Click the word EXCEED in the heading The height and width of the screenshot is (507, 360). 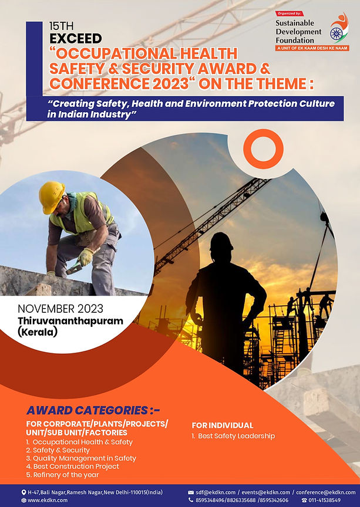coord(75,39)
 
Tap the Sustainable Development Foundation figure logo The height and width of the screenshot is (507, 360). coord(339,28)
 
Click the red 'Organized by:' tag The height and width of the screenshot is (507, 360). coord(290,13)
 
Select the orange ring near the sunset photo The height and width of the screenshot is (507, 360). coord(263,148)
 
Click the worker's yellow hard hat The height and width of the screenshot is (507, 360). coord(51,197)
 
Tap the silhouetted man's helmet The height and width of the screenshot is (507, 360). coord(221,242)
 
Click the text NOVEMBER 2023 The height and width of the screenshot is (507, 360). coord(60,309)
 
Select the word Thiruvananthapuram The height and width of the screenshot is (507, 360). coord(70,321)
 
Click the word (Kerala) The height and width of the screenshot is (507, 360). coord(38,332)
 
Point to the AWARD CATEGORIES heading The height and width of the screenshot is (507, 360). coord(93,410)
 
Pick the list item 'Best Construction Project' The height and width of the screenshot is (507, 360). coord(72,467)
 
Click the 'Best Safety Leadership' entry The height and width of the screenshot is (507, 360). coord(233,436)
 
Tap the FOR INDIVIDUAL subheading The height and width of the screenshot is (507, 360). coord(223,425)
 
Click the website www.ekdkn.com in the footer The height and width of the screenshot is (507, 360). coord(47,500)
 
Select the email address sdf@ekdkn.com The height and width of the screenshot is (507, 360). coord(215,492)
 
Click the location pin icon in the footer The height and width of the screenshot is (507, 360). coord(23,492)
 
